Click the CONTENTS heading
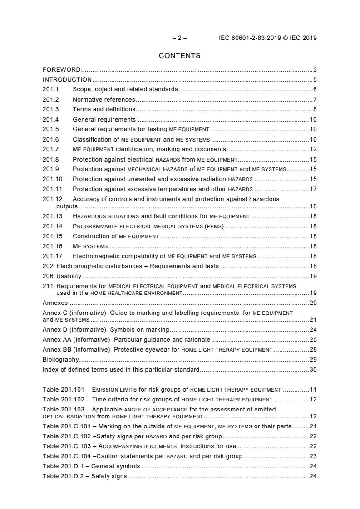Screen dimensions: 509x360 tap(179, 56)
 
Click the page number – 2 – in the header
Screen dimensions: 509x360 tap(179, 38)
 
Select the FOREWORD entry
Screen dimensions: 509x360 tap(61, 70)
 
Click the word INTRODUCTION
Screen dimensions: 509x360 tap(67, 80)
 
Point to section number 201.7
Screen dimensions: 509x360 tap(51, 149)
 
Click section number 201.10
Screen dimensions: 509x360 tap(53, 179)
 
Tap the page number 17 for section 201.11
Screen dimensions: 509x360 tap(313, 189)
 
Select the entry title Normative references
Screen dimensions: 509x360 tap(104, 99)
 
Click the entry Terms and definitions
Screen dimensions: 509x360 tap(104, 109)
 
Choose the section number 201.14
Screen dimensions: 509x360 tap(53, 226)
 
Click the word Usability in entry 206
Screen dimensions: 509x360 tap(69, 276)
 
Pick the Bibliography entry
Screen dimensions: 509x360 tap(61, 359)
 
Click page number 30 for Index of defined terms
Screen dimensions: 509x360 tap(313, 369)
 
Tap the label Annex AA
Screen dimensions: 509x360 tap(57, 339)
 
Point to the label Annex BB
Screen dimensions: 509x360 tap(57, 349)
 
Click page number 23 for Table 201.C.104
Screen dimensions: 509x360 tap(313, 456)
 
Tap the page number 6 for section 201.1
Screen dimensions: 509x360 tap(315, 89)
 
